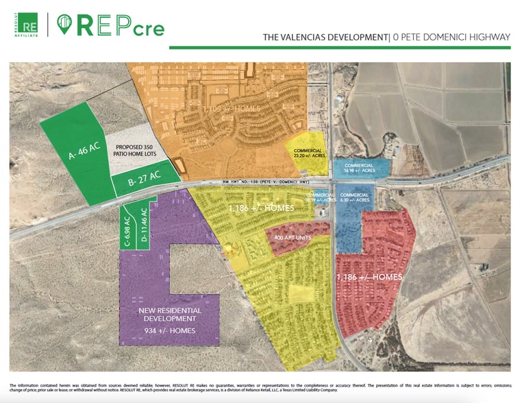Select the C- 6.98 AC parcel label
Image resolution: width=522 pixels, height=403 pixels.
(127, 228)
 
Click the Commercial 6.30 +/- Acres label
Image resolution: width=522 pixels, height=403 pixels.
(355, 197)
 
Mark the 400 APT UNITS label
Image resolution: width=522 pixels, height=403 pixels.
(293, 238)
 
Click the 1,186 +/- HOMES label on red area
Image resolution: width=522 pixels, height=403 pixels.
(369, 277)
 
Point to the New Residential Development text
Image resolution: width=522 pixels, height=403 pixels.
(171, 315)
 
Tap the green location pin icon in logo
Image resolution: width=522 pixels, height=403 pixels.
(64, 25)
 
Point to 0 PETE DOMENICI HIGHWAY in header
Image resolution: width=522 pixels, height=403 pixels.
(451, 38)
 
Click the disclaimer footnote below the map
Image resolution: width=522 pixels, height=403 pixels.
(260, 387)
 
